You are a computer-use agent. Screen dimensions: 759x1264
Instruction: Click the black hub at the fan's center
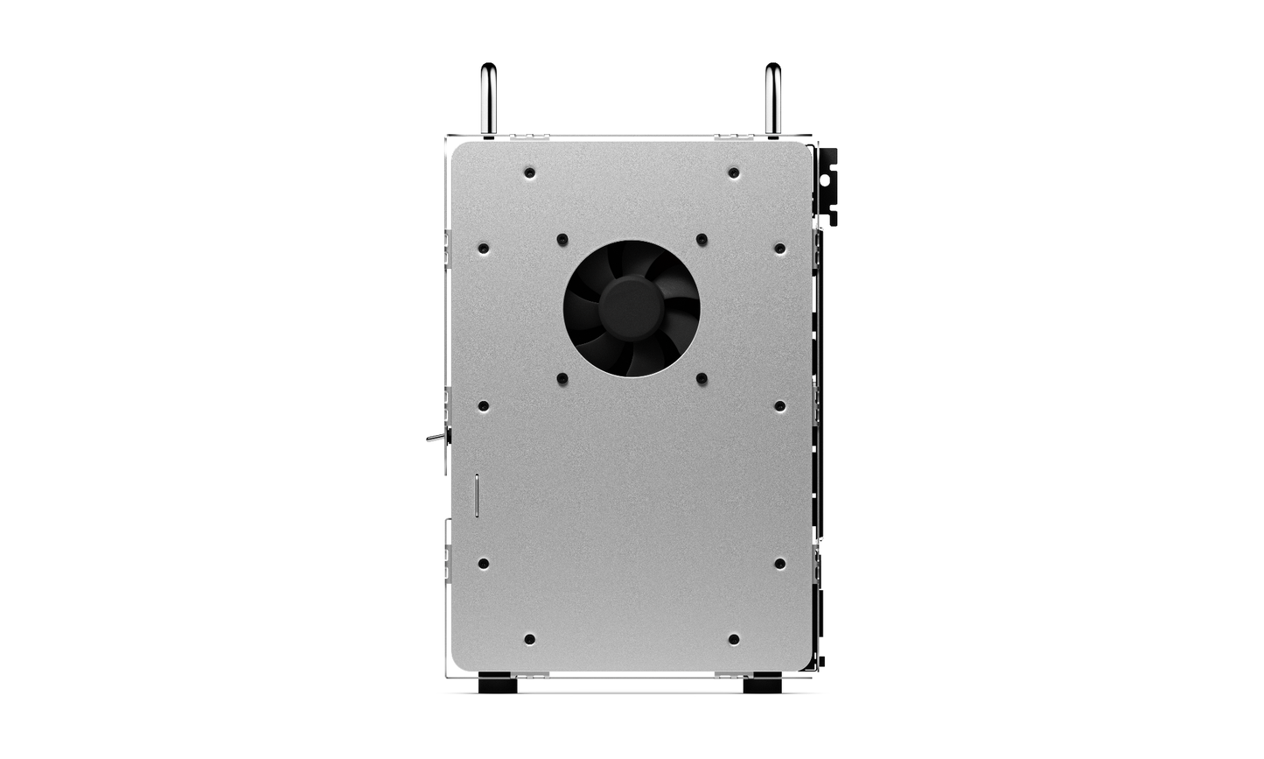(631, 308)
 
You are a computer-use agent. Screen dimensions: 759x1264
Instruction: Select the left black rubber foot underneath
(498, 683)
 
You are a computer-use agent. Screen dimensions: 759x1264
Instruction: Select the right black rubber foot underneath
(762, 683)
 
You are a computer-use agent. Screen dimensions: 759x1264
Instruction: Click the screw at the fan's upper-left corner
(562, 238)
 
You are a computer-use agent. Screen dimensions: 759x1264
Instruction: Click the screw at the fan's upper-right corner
(702, 238)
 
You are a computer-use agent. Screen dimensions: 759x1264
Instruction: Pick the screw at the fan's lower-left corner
(562, 379)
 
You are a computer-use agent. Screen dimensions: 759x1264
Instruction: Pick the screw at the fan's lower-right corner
(702, 379)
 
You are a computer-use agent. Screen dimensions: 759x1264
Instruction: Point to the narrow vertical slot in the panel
(476, 495)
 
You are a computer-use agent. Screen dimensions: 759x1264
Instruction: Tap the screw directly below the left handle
(529, 172)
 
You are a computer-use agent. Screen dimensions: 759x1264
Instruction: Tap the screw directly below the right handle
(733, 172)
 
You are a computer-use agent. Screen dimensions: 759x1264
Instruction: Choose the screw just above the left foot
(529, 639)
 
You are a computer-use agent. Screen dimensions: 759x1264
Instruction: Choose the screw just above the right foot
(733, 639)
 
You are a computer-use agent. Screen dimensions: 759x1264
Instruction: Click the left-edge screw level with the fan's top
(483, 249)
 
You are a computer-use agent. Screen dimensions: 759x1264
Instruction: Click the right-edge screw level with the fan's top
(779, 249)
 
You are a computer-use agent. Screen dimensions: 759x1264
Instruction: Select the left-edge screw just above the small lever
(483, 406)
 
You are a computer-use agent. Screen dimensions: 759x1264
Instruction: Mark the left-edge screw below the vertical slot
(483, 563)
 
